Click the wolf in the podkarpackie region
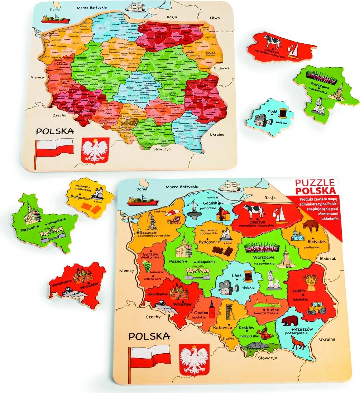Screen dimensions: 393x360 point(298,343)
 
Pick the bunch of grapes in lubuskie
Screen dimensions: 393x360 point(147,265)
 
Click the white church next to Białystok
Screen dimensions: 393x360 point(296,235)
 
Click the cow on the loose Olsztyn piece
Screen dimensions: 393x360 point(273,41)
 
